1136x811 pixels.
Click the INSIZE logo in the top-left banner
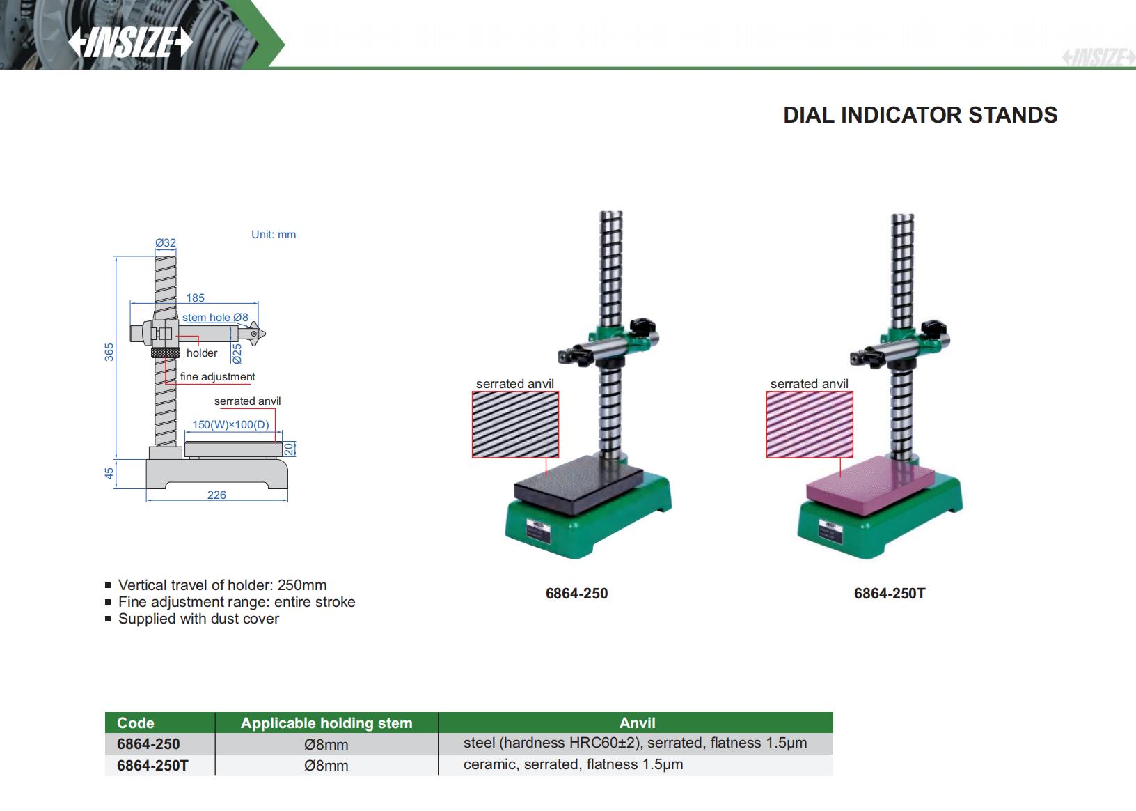[x=130, y=43]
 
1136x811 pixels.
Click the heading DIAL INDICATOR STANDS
[x=920, y=115]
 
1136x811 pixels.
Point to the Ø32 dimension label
[x=166, y=243]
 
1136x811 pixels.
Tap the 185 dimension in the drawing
[x=195, y=298]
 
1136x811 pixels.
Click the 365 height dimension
[x=109, y=352]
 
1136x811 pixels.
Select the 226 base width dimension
[x=216, y=495]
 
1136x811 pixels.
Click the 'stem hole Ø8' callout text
[x=215, y=318]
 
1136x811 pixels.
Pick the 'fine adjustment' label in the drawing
[x=217, y=377]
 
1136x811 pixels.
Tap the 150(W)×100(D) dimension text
[x=230, y=424]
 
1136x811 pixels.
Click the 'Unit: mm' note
[x=274, y=235]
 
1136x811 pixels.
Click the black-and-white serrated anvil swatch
[x=515, y=424]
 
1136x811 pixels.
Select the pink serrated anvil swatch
[x=810, y=424]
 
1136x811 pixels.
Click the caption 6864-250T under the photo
[x=890, y=594]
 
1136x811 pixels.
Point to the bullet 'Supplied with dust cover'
[x=198, y=619]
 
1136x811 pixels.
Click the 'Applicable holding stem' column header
[x=326, y=723]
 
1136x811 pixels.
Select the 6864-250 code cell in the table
[x=148, y=744]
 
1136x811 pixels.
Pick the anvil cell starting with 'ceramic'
[x=573, y=765]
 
